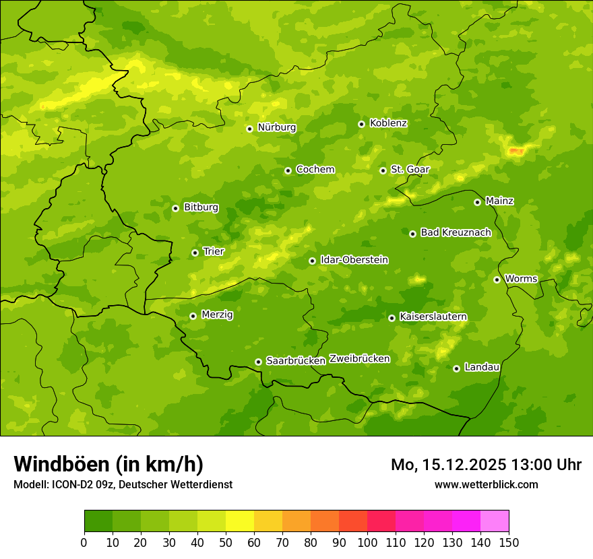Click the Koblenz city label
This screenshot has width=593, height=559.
tap(388, 123)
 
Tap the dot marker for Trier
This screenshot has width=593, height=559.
tap(195, 253)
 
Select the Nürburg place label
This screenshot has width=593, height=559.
tap(276, 127)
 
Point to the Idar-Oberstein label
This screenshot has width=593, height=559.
tap(354, 260)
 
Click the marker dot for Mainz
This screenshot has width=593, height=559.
tap(477, 202)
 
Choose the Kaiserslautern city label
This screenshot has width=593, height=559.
tap(433, 317)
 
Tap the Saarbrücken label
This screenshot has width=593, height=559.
tap(295, 361)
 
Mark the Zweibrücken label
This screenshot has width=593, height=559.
tap(359, 359)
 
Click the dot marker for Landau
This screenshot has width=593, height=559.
tap(456, 368)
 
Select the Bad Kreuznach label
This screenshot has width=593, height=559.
tap(456, 232)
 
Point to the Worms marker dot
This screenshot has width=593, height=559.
tap(497, 279)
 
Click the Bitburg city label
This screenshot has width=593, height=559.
tap(201, 207)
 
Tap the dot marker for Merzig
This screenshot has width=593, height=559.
tap(193, 316)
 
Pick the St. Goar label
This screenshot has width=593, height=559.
tap(410, 170)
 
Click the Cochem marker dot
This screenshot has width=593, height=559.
tap(288, 170)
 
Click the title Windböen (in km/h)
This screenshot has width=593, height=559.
tap(108, 464)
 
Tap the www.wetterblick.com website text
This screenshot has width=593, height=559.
tap(486, 484)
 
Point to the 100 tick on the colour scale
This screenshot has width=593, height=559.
tap(367, 542)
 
